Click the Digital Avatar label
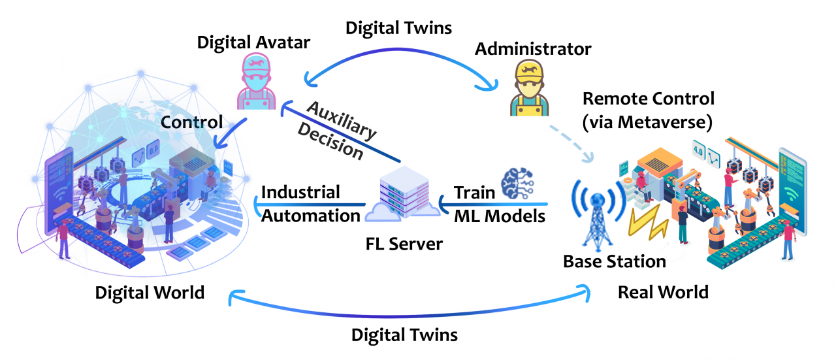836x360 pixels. tap(254, 43)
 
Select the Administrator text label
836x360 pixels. tap(533, 48)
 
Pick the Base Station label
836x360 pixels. tap(615, 261)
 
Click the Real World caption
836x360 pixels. tap(663, 291)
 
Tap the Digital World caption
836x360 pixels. tap(150, 292)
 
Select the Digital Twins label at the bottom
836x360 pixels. tap(404, 335)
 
